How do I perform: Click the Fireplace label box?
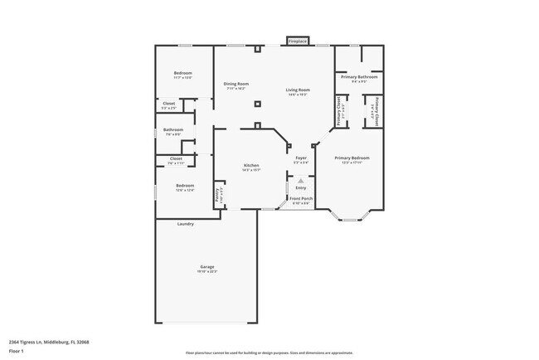pos(298,41)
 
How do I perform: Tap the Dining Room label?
pos(236,84)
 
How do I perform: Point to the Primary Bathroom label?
pos(359,77)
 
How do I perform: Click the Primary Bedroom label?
pos(352,158)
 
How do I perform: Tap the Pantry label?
pos(218,196)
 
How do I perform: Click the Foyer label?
pos(301,158)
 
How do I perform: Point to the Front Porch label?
pos(301,199)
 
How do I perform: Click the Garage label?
pos(206,267)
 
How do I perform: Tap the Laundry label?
pos(186,224)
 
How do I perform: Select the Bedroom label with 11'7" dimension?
pos(183,74)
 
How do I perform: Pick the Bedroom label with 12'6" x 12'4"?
pos(184,186)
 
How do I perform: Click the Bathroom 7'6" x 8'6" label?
pos(173,130)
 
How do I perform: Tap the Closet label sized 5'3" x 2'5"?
pos(168,104)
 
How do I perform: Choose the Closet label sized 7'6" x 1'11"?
pos(176,158)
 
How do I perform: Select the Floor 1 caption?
pos(16,351)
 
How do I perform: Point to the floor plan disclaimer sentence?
pos(269,352)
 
